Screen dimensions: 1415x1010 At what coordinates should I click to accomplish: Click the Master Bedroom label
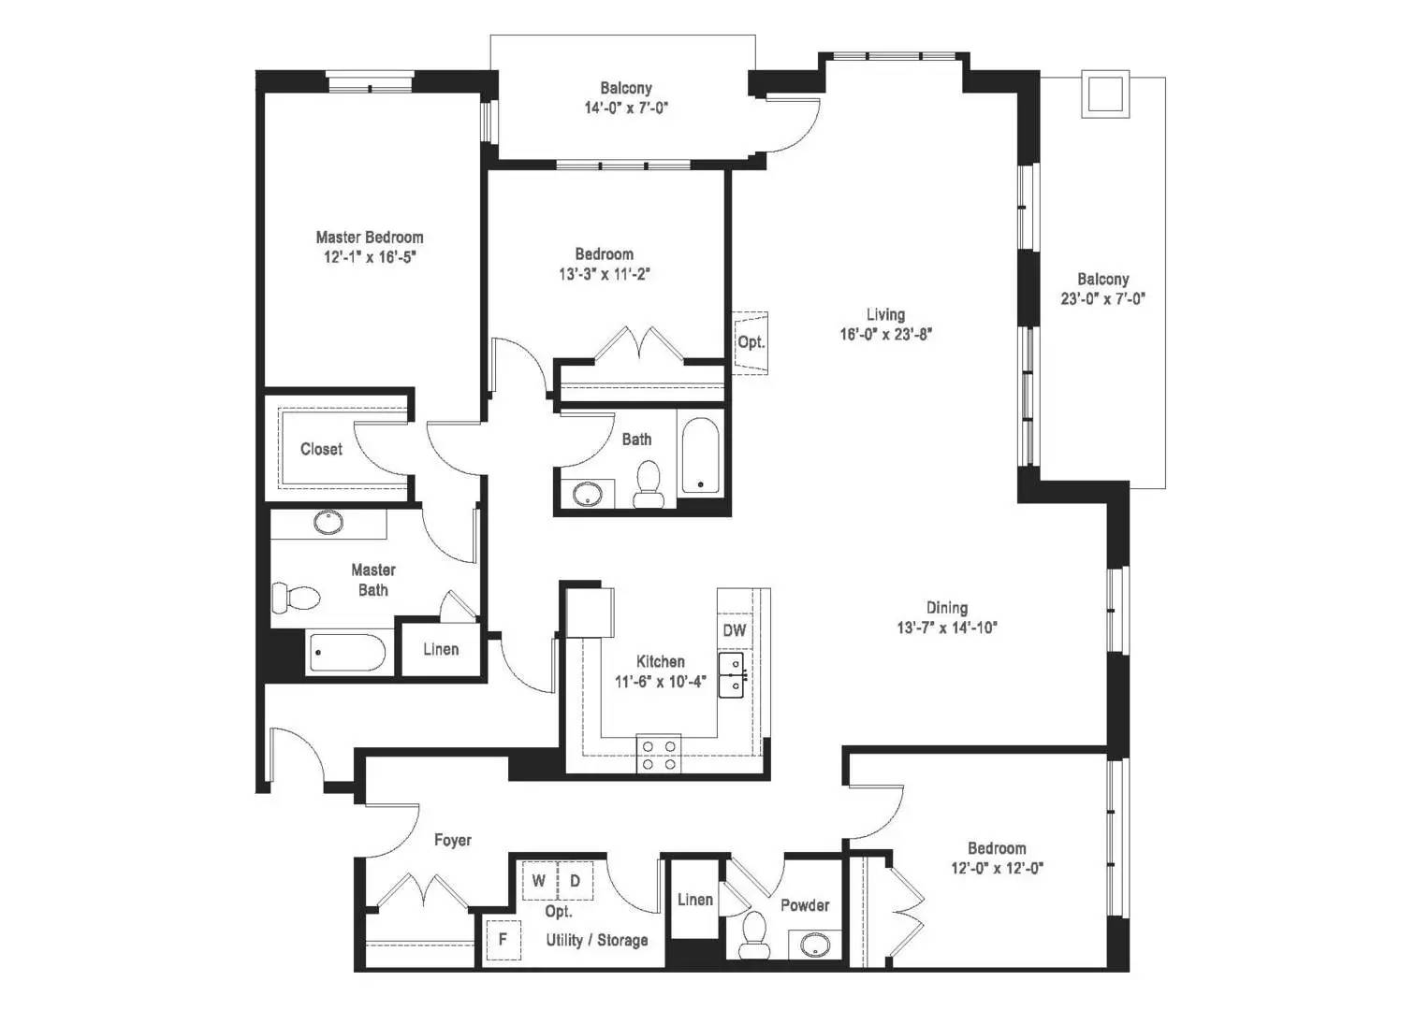click(x=370, y=238)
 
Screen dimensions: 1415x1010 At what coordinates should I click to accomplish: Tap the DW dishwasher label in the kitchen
click(x=734, y=630)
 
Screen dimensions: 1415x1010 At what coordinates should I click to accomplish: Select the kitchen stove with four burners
click(x=658, y=754)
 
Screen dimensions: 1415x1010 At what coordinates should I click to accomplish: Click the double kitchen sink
click(x=732, y=675)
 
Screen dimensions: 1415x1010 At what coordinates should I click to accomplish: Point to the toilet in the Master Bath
click(x=295, y=598)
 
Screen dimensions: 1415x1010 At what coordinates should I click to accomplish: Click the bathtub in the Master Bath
click(x=346, y=653)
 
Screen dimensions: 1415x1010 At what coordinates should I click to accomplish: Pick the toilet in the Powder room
click(x=753, y=935)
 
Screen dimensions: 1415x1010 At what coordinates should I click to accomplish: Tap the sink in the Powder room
click(x=815, y=945)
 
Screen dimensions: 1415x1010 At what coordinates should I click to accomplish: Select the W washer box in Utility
click(x=540, y=880)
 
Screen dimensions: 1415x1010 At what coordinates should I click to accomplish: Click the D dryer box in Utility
click(x=576, y=880)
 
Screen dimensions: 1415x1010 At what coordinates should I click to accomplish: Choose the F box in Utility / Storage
click(x=503, y=940)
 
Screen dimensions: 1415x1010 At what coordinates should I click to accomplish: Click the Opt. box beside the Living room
click(x=751, y=343)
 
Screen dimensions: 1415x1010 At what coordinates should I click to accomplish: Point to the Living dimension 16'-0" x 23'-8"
click(x=885, y=334)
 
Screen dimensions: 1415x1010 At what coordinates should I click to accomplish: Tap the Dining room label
click(x=947, y=607)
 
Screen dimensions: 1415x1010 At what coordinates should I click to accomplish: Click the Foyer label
click(x=453, y=840)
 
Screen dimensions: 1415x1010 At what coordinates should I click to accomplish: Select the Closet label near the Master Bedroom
click(x=322, y=449)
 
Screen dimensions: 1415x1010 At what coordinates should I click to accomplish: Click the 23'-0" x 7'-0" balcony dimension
click(x=1103, y=298)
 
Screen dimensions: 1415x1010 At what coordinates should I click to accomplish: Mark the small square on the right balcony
click(x=1105, y=94)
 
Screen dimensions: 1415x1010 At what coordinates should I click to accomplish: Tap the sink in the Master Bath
click(x=328, y=522)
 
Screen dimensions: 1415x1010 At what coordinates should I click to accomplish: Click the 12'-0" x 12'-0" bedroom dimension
click(x=998, y=868)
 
